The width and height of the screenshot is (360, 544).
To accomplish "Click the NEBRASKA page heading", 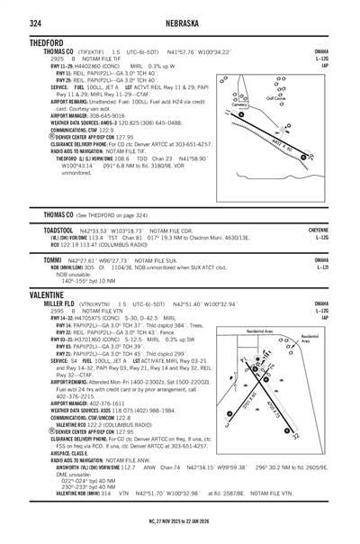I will click(x=179, y=23).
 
